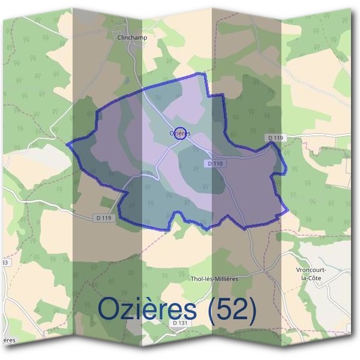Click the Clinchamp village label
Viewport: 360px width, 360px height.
point(134,37)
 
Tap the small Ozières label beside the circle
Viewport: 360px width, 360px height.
point(180,133)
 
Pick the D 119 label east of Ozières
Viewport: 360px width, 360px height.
point(275,139)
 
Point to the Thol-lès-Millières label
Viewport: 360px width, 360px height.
point(214,278)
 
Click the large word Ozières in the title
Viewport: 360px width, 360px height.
point(146,308)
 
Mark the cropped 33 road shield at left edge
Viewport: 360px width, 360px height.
point(4,263)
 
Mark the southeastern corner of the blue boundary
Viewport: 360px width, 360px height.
point(287,211)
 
